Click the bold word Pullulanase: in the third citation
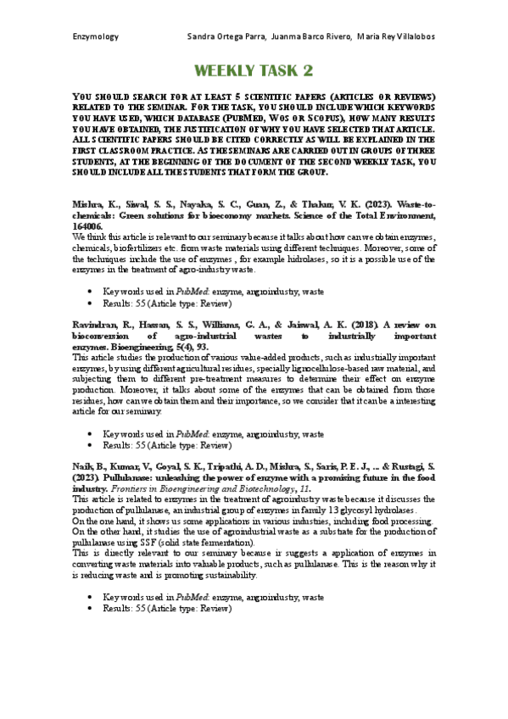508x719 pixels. click(x=124, y=477)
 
